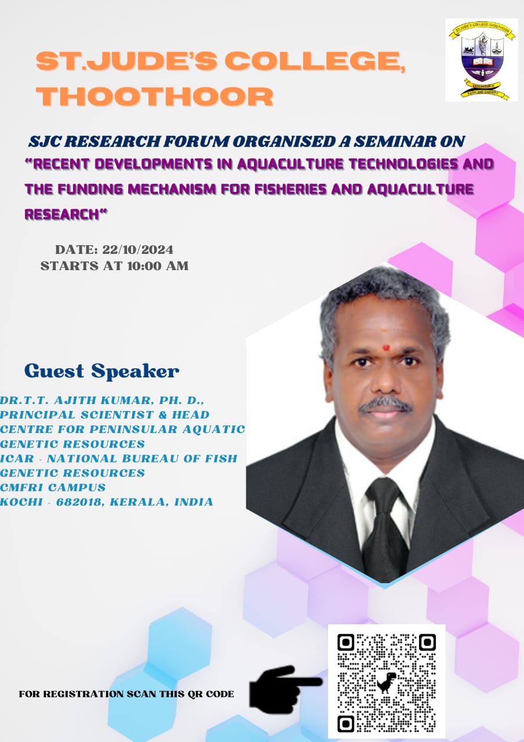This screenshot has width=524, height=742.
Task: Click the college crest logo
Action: tap(482, 60)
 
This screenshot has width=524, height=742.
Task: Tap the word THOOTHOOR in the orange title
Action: tap(155, 96)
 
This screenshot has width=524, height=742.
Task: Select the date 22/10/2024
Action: tap(138, 249)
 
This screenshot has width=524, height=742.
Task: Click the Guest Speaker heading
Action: tap(102, 371)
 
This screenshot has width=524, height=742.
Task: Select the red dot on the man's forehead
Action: tap(386, 347)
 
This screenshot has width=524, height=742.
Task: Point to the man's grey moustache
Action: tap(384, 405)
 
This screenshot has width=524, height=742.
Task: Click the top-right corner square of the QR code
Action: tap(427, 643)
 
